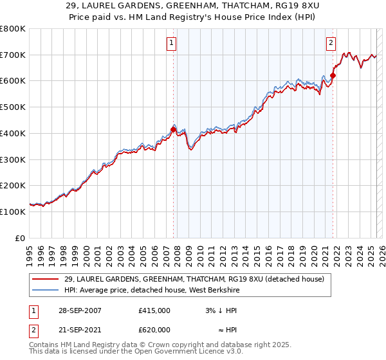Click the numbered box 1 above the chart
tap(172, 43)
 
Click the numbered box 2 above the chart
tap(331, 43)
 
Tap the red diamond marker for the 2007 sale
tap(174, 129)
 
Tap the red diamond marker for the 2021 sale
tap(333, 76)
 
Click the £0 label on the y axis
tap(20, 238)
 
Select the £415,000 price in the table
tap(154, 310)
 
